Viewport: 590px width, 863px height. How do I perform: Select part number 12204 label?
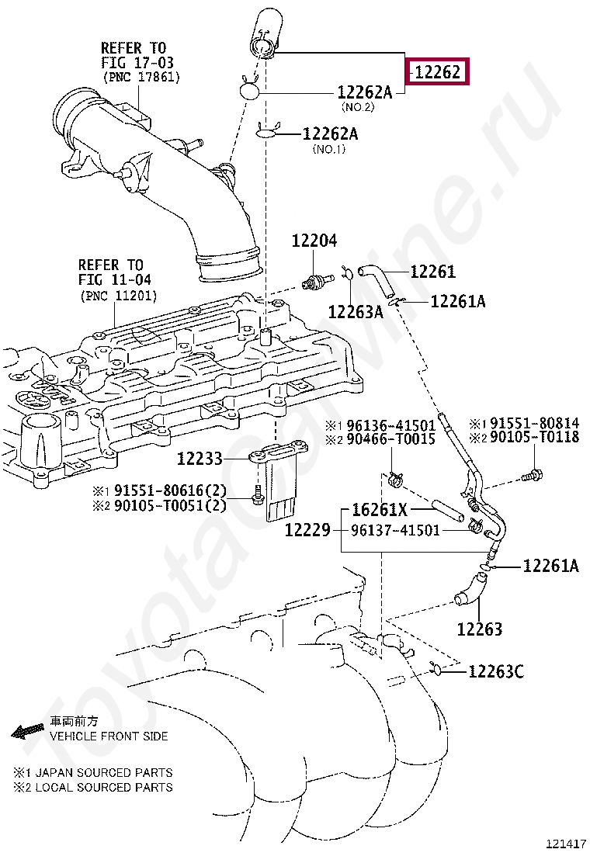(314, 241)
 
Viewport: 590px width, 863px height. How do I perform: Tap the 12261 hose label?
(432, 272)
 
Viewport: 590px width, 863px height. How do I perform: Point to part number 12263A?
(356, 312)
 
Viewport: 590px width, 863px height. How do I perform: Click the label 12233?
(200, 459)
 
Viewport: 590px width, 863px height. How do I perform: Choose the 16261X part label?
(380, 510)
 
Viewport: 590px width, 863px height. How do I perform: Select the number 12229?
(307, 531)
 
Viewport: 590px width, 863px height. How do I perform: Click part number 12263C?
(495, 671)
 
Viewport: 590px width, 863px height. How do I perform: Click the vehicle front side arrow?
(27, 730)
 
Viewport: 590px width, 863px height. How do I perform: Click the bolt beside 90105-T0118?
(533, 473)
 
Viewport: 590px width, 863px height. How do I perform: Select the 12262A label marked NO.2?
(364, 92)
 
